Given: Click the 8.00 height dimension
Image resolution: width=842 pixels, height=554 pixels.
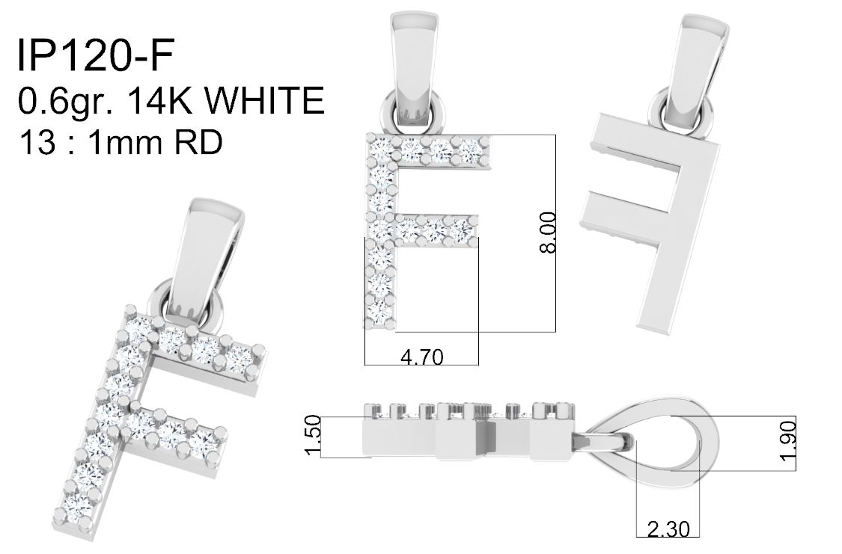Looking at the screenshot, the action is tap(548, 233).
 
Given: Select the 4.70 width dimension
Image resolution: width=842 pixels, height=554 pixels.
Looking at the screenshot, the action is tap(422, 356).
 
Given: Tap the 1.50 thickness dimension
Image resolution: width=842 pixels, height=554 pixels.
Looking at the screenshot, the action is tap(313, 435).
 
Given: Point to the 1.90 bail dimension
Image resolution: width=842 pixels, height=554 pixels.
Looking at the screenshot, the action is tap(787, 441).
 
